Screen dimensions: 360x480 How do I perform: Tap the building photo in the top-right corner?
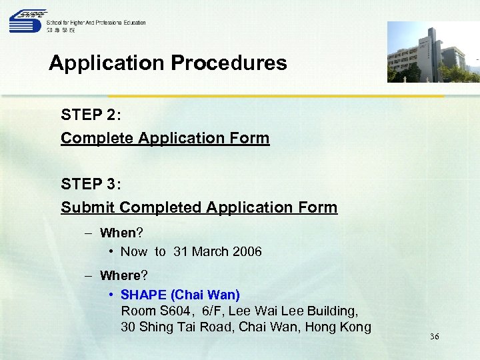coord(433,52)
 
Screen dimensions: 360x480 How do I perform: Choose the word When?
coord(121,233)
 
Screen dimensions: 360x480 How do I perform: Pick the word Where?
coord(123,275)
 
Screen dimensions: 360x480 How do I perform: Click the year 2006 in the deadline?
coord(247,251)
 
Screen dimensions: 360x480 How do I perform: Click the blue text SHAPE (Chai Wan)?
coord(180,294)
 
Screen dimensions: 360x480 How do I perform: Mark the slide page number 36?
coord(434,337)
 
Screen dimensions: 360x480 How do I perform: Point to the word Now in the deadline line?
coord(134,251)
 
